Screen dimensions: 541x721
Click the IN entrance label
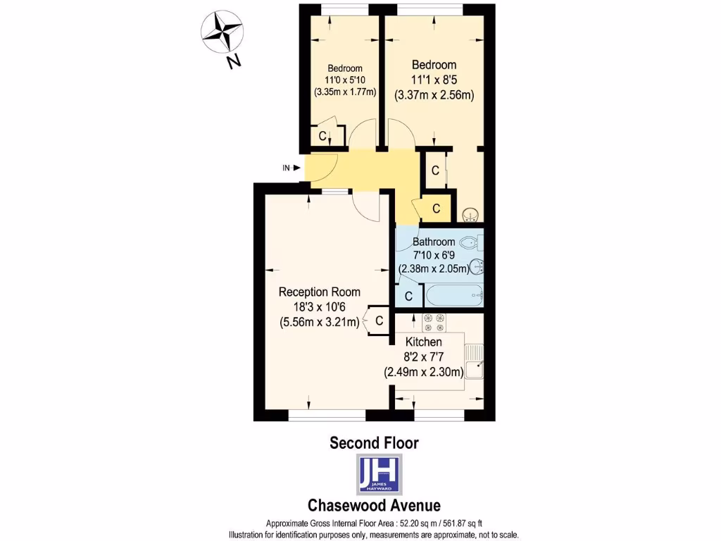tap(287, 168)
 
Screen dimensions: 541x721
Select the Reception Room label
tap(319, 292)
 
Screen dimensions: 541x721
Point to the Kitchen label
tap(422, 342)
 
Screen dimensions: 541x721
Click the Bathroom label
tap(434, 242)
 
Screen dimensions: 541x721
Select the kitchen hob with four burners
tap(432, 322)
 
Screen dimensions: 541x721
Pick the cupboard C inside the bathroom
tap(408, 296)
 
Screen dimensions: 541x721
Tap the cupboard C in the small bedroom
tap(322, 136)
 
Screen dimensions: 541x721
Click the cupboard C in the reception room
tap(379, 321)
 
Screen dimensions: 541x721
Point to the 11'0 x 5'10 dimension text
tap(344, 80)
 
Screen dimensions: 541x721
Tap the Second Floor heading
tap(375, 443)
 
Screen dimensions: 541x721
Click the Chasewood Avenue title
tap(375, 505)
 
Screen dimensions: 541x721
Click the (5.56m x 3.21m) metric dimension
tap(319, 323)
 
